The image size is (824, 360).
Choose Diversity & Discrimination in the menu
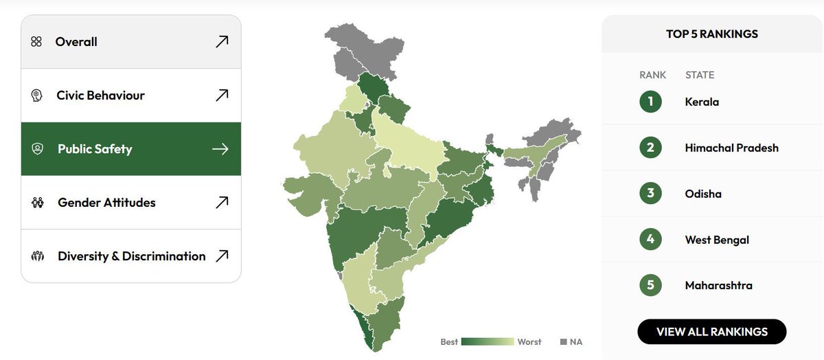130,256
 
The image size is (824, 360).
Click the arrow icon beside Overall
221,42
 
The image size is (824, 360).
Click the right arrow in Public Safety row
220,149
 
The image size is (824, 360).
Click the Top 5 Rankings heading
712,34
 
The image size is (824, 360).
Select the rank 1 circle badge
650,102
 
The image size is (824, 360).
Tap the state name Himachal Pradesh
731,148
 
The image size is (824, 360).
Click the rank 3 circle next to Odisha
650,194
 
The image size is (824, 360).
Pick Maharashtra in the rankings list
718,286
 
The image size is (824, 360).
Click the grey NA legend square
564,341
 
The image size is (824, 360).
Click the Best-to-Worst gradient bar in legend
488,341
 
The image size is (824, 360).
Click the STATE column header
699,75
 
